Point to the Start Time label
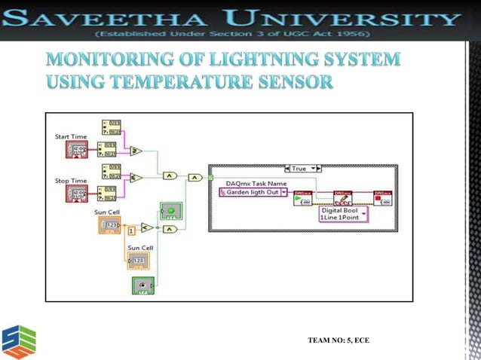point(71,136)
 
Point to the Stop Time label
point(71,182)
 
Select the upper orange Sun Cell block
point(109,224)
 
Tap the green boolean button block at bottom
point(143,285)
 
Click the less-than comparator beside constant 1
point(148,227)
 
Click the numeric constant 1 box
point(131,229)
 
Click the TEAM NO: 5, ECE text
point(339,342)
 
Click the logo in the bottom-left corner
point(19,340)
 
